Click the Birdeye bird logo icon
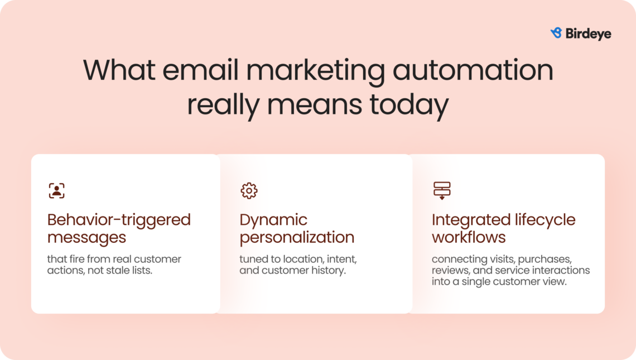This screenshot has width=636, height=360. click(556, 33)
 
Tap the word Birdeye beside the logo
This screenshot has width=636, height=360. click(588, 34)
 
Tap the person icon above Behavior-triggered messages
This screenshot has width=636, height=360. click(56, 191)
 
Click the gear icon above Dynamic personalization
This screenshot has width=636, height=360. click(249, 191)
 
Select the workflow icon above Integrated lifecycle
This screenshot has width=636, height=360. click(442, 191)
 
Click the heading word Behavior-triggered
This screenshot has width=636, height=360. click(119, 220)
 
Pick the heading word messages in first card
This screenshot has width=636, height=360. click(86, 237)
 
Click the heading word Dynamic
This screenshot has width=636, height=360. click(273, 220)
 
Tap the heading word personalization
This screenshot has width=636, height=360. click(297, 237)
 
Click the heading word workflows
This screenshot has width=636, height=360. click(469, 237)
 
